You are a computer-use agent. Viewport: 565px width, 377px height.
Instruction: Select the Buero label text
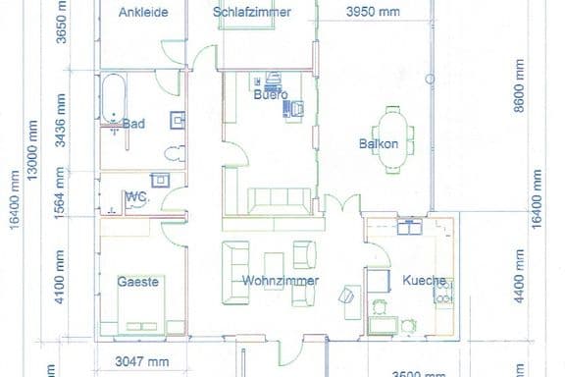pyautogui.click(x=270, y=94)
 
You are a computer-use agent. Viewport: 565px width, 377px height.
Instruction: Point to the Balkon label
pyautogui.click(x=379, y=144)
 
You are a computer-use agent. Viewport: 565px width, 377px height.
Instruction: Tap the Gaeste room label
pyautogui.click(x=138, y=281)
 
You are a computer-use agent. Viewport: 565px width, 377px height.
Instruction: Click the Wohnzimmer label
pyautogui.click(x=272, y=281)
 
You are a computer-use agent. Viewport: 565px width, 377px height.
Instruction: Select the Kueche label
pyautogui.click(x=424, y=281)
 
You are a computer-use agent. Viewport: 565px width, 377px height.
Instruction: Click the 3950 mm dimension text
pyautogui.click(x=374, y=12)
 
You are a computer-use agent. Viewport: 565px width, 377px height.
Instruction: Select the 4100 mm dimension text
pyautogui.click(x=61, y=278)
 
